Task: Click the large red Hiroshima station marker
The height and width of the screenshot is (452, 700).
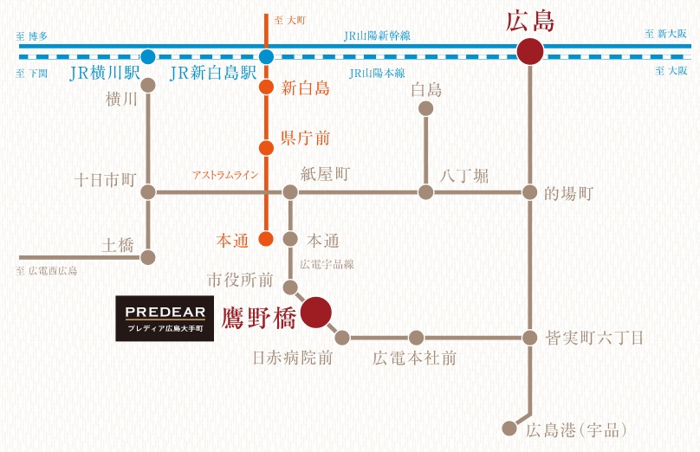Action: pos(530,52)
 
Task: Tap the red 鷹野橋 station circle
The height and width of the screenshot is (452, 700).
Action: pos(316,313)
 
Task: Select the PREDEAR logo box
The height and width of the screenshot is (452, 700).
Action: pos(165,319)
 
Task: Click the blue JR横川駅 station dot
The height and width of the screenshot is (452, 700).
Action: pos(148,56)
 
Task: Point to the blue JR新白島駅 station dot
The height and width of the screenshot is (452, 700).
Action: pos(266,56)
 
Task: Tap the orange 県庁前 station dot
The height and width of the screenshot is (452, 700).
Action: pos(266,148)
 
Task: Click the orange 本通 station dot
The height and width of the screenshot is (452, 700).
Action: pos(266,239)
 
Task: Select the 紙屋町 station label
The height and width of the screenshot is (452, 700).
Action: pos(325,174)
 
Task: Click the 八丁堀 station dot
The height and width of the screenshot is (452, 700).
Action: pos(426,192)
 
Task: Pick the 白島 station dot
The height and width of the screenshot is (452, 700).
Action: pos(426,108)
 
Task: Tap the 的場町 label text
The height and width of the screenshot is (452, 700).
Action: pos(568,194)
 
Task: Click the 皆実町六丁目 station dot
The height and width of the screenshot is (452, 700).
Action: pos(530,338)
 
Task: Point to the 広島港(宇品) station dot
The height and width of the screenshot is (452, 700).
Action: pos(509,429)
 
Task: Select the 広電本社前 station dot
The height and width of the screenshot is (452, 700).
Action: pos(416,338)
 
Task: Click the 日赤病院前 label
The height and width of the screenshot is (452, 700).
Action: pos(293,358)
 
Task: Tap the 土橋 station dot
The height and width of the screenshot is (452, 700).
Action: pos(148,257)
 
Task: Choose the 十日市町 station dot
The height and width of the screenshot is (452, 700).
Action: pos(148,192)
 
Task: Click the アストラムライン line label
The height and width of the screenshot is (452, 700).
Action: pos(225,175)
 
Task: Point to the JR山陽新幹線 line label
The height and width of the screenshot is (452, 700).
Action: pos(377,36)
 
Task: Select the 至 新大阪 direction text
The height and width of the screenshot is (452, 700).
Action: pos(665,34)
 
